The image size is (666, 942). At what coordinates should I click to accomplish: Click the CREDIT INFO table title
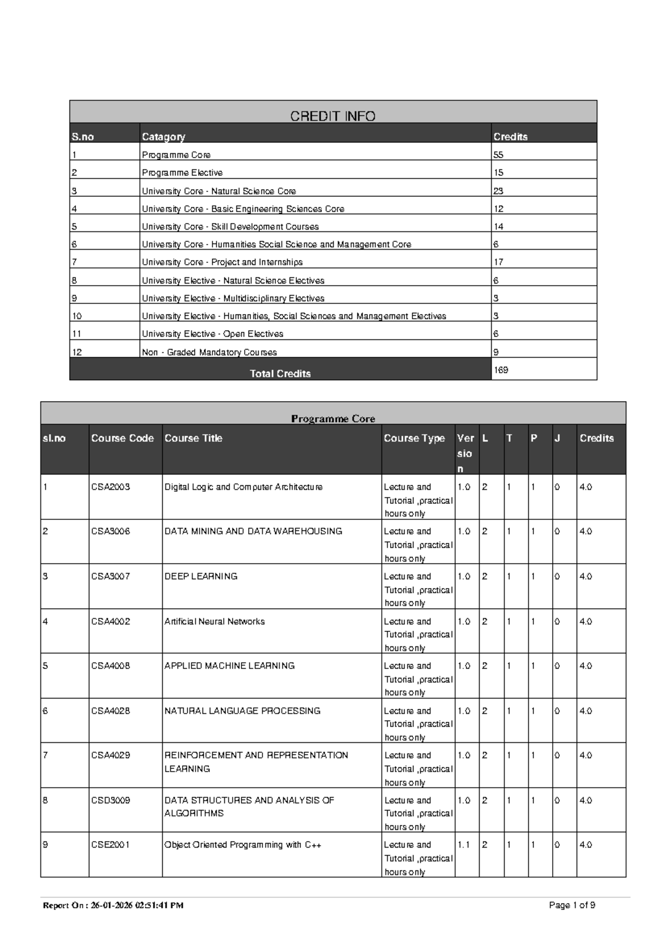click(332, 116)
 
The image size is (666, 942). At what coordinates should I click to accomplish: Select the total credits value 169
click(501, 370)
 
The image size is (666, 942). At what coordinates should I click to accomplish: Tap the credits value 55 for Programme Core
click(498, 155)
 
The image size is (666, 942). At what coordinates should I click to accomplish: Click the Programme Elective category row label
click(182, 173)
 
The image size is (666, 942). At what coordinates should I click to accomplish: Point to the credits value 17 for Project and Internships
click(498, 262)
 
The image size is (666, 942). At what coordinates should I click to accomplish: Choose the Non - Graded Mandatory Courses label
click(209, 352)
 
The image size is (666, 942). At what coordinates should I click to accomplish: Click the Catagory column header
click(163, 136)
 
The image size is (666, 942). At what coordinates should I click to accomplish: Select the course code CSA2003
click(110, 487)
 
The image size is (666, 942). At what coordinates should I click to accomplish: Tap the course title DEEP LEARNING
click(201, 576)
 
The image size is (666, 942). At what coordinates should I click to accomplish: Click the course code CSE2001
click(110, 845)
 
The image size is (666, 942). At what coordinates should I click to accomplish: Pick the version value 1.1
click(463, 845)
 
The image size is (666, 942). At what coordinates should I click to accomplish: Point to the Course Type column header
click(414, 438)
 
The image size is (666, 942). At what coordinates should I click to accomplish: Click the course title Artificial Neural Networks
click(214, 621)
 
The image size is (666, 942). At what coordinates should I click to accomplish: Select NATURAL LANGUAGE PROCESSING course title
click(242, 711)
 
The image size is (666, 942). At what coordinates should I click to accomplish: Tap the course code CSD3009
click(110, 800)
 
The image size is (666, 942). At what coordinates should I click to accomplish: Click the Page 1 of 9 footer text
click(572, 905)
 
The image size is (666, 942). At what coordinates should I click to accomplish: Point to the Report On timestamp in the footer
click(113, 905)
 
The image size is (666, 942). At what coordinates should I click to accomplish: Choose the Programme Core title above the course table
click(333, 419)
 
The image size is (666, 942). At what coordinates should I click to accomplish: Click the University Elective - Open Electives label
click(213, 334)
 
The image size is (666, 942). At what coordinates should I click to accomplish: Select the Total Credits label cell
click(280, 373)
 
